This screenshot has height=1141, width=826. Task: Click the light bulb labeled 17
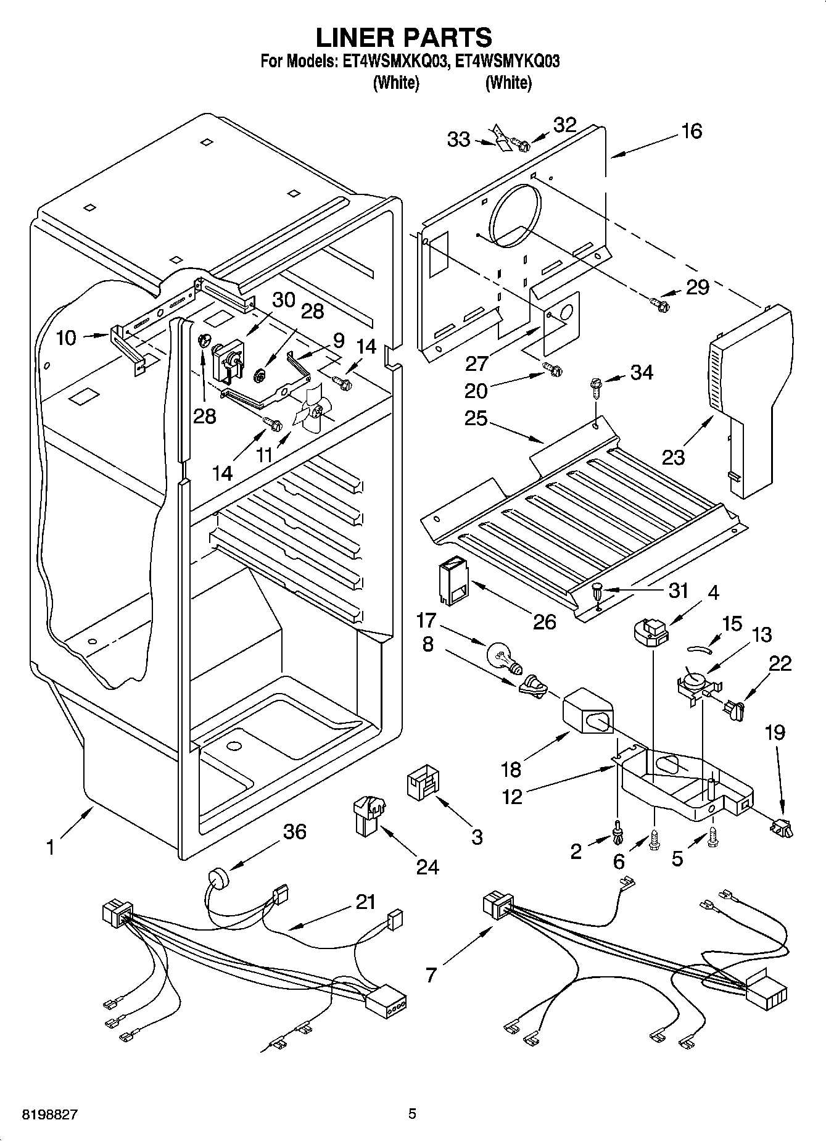point(503,656)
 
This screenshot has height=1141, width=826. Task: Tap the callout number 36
point(294,831)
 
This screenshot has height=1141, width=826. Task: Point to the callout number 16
point(692,131)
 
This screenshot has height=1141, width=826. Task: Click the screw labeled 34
point(597,388)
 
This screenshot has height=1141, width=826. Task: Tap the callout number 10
point(66,338)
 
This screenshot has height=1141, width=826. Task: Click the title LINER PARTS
point(404,37)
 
